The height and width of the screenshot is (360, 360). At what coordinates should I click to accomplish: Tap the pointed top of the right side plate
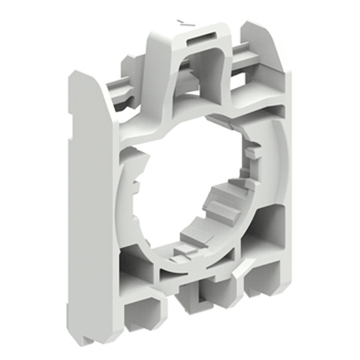[x=254, y=28]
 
